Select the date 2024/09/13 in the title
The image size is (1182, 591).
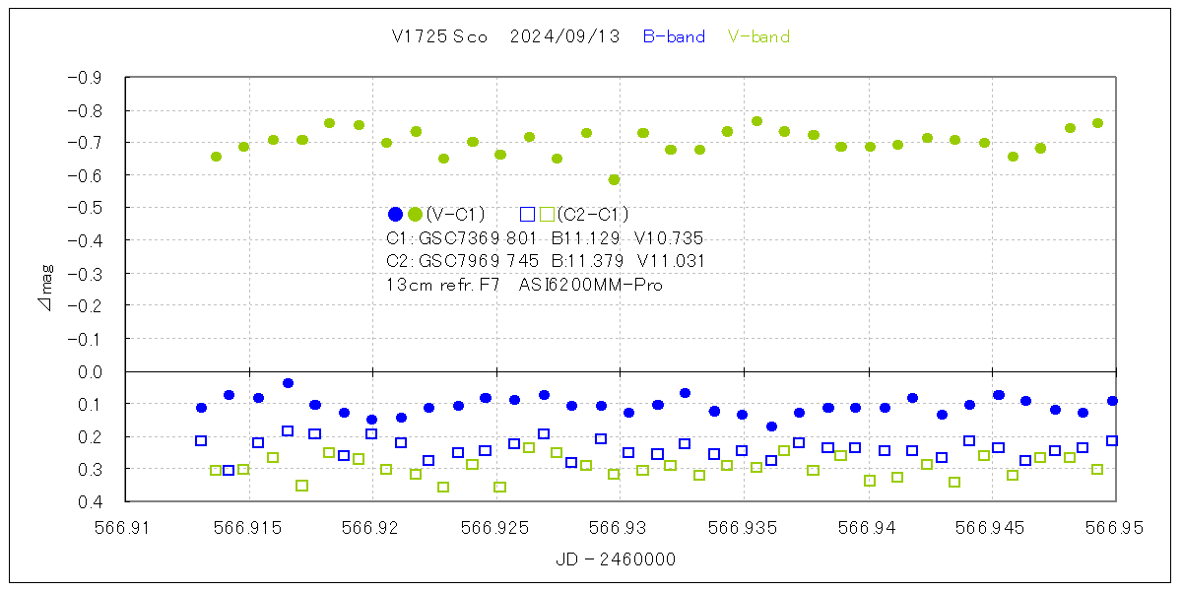point(564,36)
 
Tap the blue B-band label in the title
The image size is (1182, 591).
point(674,36)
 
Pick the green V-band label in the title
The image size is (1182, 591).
point(758,36)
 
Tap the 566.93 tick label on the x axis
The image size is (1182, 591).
point(621,527)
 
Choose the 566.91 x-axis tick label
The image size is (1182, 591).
point(125,527)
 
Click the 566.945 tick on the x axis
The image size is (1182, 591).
point(992,527)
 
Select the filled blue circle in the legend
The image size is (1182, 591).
point(396,214)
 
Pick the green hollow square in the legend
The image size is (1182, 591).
point(547,214)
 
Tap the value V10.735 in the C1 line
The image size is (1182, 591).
point(670,238)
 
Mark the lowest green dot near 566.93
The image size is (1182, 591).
point(614,179)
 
